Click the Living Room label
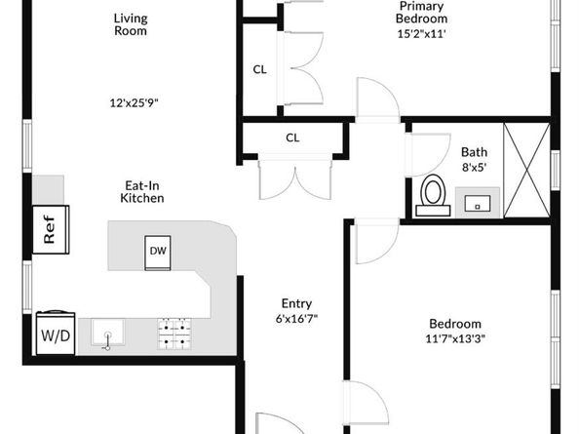[131, 24]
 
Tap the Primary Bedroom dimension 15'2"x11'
[421, 34]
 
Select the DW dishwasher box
[158, 253]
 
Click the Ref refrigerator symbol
[51, 229]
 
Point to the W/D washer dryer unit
[56, 334]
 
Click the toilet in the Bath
[433, 195]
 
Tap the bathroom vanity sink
[477, 203]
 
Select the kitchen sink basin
[108, 334]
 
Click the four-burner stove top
[174, 334]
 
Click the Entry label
[296, 303]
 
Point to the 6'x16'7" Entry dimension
[296, 318]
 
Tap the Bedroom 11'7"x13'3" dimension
[455, 338]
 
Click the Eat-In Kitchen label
[142, 192]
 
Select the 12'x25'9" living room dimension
[134, 102]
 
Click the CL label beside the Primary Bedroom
[259, 69]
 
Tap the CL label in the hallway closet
[292, 138]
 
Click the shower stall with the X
[527, 171]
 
